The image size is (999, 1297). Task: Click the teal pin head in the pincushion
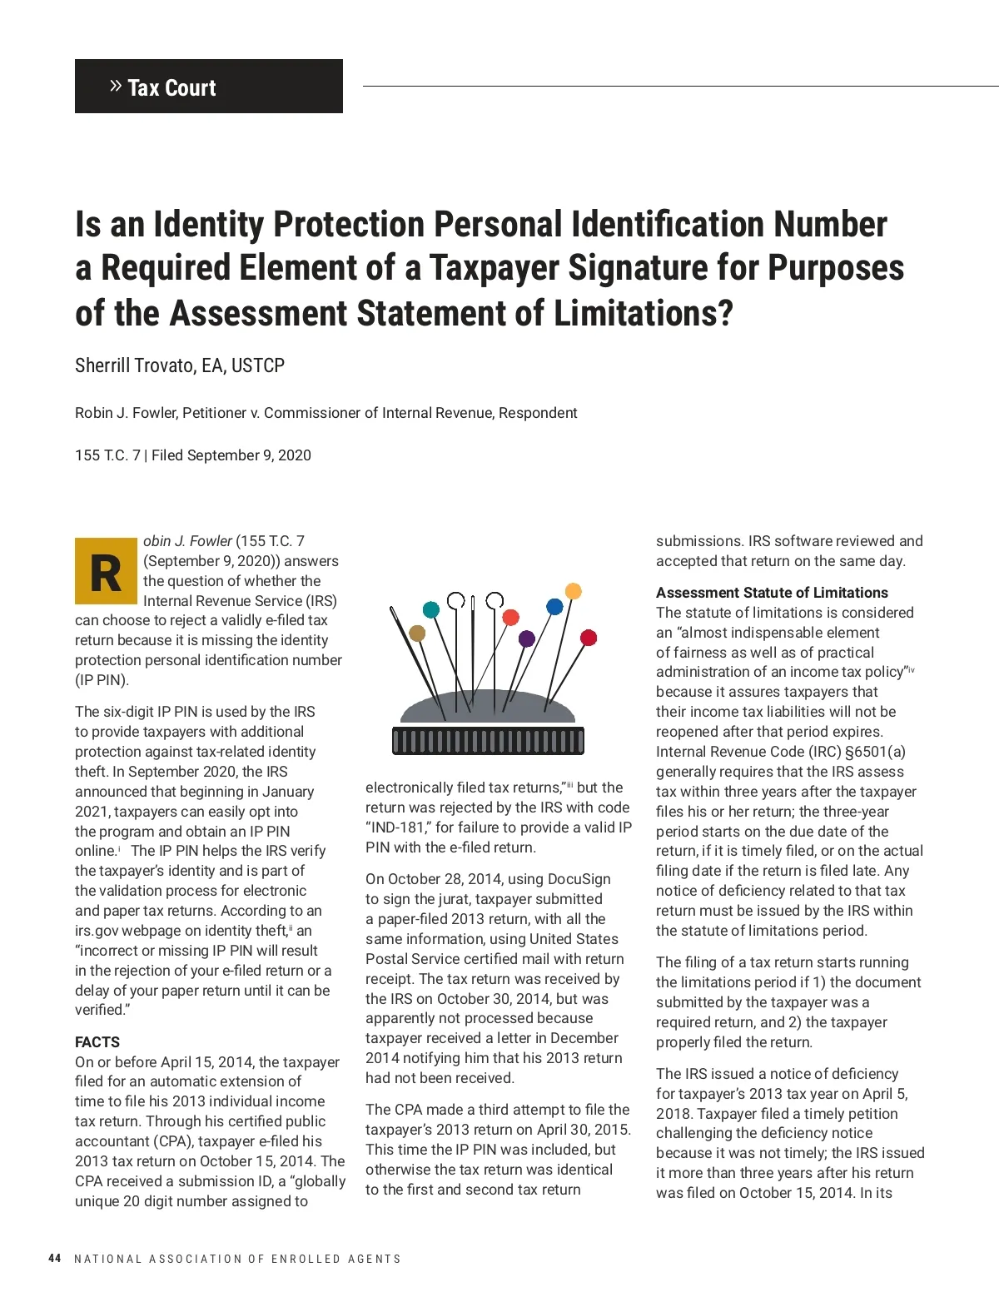[x=431, y=609]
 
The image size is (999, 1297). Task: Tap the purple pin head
[x=526, y=639]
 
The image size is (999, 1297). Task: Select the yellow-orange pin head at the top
[x=574, y=591]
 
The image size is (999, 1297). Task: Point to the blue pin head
[x=554, y=607]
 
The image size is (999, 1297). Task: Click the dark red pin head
[x=589, y=638]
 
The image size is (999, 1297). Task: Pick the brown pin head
[x=417, y=634]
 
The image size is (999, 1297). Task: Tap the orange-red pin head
[x=511, y=617]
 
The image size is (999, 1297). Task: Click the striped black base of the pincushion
[x=488, y=740]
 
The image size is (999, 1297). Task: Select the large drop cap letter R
[x=106, y=571]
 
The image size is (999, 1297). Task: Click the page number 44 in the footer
[x=55, y=1258]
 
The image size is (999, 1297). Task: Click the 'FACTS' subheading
[x=97, y=1042]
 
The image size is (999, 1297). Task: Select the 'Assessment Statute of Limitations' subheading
[x=772, y=593]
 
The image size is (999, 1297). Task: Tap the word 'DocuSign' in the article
[x=579, y=879]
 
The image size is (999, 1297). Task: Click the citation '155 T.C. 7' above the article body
[x=107, y=455]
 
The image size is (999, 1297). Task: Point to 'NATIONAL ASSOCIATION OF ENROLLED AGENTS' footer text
[x=237, y=1259]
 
